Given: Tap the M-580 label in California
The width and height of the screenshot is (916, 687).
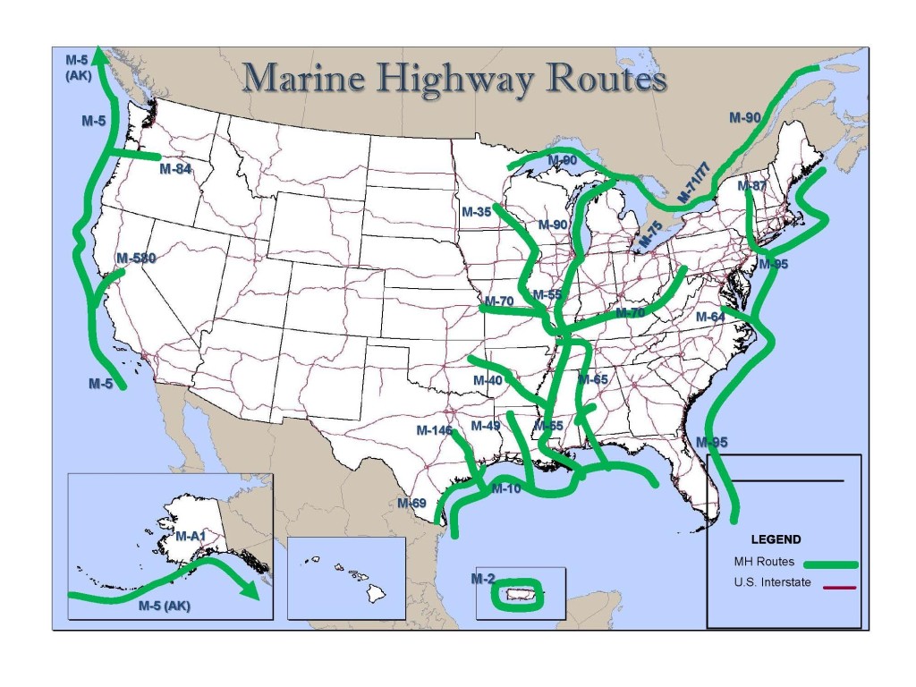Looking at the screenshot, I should pos(136,259).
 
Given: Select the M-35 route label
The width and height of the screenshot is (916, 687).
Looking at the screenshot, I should pos(476,212).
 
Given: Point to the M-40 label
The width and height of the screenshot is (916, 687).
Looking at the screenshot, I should pos(488,380).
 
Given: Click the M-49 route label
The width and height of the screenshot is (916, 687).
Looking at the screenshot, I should pos(485,425).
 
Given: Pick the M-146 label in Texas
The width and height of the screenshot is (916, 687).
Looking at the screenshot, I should pos(434,430).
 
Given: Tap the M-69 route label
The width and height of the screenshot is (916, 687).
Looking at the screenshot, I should pos(411,503).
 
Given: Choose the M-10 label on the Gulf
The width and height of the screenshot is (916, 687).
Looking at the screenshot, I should pos(505,488).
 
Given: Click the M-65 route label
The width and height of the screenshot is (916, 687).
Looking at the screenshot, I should pos(593,379).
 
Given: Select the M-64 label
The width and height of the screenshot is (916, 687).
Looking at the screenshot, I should pos(711,317).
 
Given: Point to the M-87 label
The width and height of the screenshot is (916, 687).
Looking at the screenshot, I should pos(752,186).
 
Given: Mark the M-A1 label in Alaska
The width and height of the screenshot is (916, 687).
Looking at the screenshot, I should pos(191,537).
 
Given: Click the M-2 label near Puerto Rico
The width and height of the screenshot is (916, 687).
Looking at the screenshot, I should pos(482,579).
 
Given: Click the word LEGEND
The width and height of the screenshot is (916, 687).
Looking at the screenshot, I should pos(776,539).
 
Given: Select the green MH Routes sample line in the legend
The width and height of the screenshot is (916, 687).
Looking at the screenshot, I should pos(830,564).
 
